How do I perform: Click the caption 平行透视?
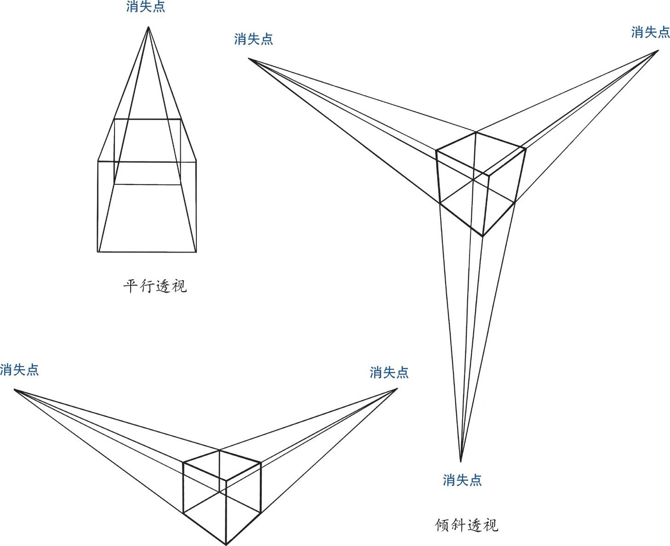pyautogui.click(x=155, y=286)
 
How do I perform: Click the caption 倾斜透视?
pyautogui.click(x=466, y=525)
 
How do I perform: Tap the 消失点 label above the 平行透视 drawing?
pyautogui.click(x=146, y=7)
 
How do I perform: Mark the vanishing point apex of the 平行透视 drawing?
pyautogui.click(x=148, y=27)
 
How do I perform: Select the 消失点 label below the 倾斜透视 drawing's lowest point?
pyautogui.click(x=462, y=480)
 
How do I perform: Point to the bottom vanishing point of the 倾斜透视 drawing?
pyautogui.click(x=460, y=461)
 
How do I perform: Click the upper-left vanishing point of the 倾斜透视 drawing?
pyautogui.click(x=249, y=59)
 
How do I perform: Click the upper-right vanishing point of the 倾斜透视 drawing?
pyautogui.click(x=658, y=51)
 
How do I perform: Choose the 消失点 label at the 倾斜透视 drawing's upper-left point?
pyautogui.click(x=253, y=39)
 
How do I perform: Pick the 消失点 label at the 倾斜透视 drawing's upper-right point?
pyautogui.click(x=650, y=32)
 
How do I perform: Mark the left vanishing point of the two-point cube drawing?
pyautogui.click(x=14, y=390)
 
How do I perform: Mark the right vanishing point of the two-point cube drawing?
pyautogui.click(x=397, y=389)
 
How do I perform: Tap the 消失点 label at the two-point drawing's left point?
pyautogui.click(x=19, y=370)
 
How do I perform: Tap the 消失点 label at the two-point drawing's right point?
pyautogui.click(x=389, y=372)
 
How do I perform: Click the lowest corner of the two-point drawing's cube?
pyautogui.click(x=226, y=545)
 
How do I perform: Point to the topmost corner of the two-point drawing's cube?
pyautogui.click(x=219, y=450)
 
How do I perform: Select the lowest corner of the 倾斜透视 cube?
pyautogui.click(x=482, y=236)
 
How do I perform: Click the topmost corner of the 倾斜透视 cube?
pyautogui.click(x=476, y=132)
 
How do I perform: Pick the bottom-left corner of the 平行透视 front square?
pyautogui.click(x=98, y=252)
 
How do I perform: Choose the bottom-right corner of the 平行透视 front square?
pyautogui.click(x=196, y=252)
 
